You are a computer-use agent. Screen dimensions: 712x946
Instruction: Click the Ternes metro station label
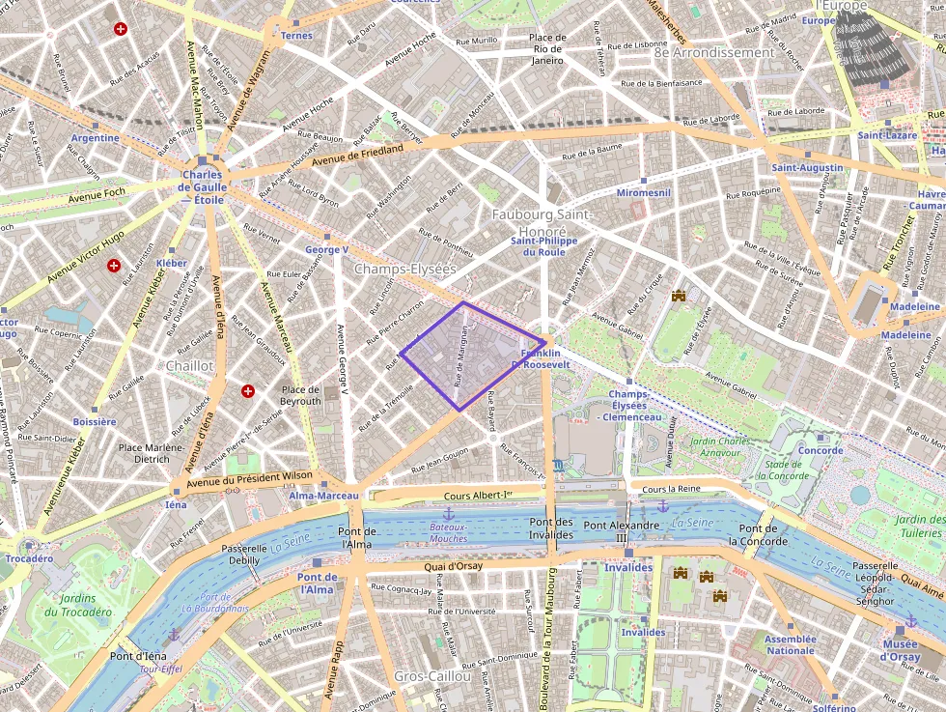tap(295, 36)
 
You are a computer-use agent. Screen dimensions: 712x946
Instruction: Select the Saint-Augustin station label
tap(807, 168)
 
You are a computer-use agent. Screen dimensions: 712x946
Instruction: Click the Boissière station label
tap(95, 422)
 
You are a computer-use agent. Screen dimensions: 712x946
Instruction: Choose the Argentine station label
tap(95, 138)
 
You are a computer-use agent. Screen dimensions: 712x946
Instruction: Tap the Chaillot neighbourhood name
tap(189, 366)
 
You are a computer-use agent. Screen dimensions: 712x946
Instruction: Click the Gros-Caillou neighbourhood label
tap(432, 676)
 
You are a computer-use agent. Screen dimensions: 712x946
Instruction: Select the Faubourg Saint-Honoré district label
tap(542, 214)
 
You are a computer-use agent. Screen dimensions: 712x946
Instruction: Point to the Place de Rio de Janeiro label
tap(547, 48)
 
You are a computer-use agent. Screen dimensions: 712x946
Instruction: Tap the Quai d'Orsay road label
tap(454, 566)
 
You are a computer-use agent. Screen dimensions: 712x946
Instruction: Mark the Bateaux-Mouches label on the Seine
tap(448, 532)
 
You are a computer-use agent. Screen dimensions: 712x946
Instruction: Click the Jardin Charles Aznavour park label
tap(720, 447)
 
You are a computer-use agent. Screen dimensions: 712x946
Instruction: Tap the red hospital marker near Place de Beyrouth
tap(248, 391)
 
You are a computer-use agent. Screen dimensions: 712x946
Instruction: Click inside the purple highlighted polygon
tap(468, 355)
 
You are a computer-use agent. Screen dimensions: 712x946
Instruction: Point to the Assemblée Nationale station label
tap(790, 644)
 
